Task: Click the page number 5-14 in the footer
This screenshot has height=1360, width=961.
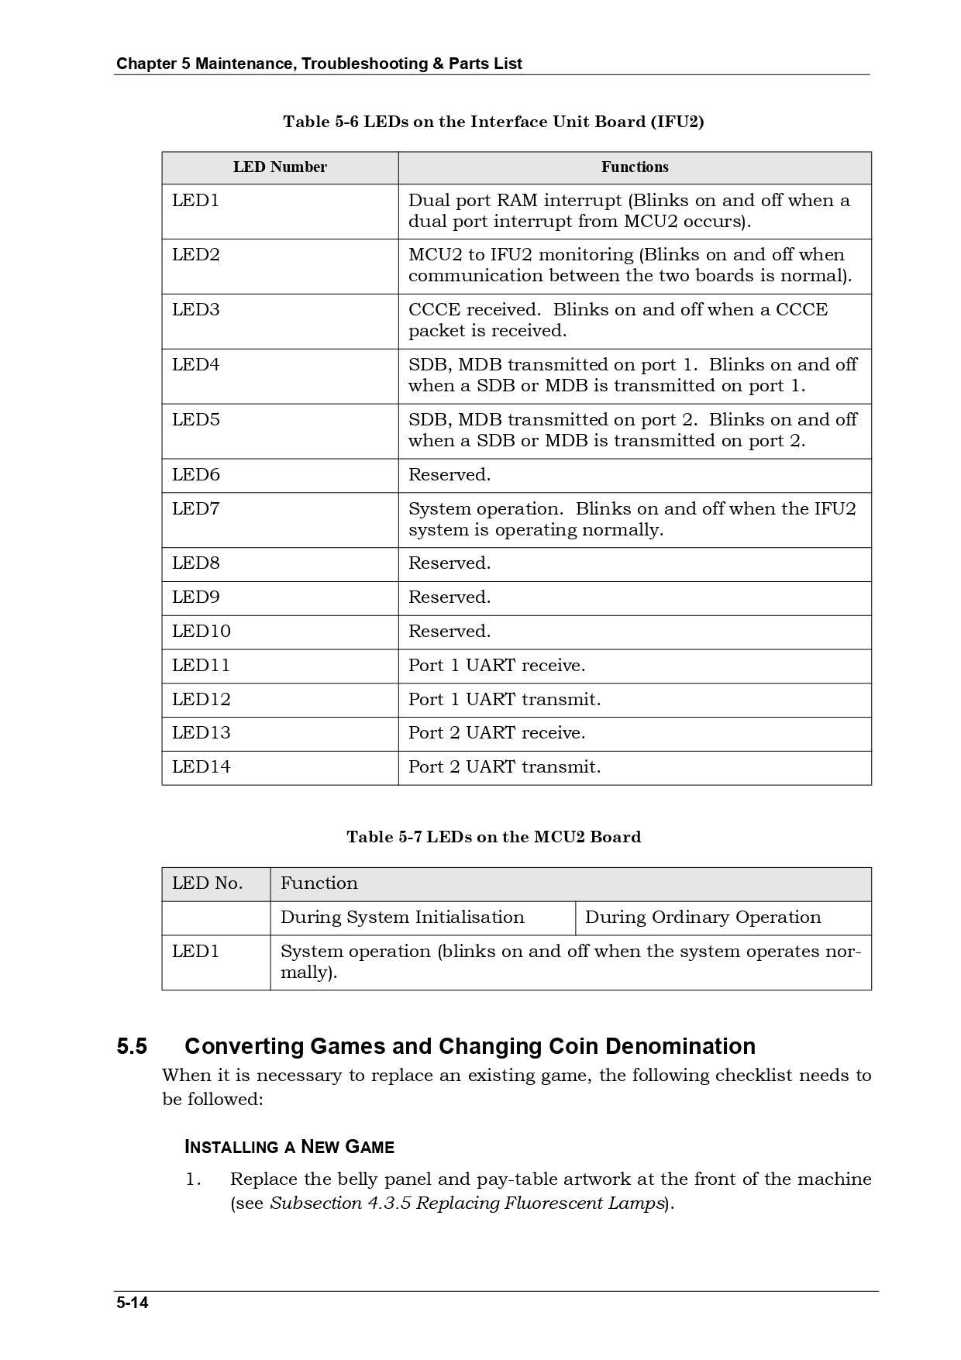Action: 133,1303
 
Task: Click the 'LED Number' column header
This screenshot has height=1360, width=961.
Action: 280,167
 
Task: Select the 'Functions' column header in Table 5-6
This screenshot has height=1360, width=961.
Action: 635,167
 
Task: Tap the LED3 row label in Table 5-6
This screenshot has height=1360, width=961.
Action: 196,310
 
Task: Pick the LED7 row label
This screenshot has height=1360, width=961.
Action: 196,509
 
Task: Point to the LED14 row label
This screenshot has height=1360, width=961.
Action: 201,767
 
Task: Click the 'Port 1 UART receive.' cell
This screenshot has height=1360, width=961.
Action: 497,666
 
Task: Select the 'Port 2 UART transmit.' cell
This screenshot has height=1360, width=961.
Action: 505,767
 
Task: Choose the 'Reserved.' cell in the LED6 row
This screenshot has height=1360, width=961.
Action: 449,475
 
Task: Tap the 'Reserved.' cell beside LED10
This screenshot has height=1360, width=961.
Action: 449,632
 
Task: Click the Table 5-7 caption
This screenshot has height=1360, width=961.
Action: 494,837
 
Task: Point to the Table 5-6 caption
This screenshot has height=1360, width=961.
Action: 494,122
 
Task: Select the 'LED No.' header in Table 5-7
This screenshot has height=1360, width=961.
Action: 208,883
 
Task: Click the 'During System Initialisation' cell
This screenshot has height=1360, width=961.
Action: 402,918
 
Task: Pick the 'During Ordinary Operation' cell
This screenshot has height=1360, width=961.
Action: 703,918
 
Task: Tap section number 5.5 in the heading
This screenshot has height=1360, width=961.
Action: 132,1047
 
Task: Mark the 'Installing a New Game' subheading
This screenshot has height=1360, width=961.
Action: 290,1148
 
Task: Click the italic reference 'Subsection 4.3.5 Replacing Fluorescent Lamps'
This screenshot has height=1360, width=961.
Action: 467,1203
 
